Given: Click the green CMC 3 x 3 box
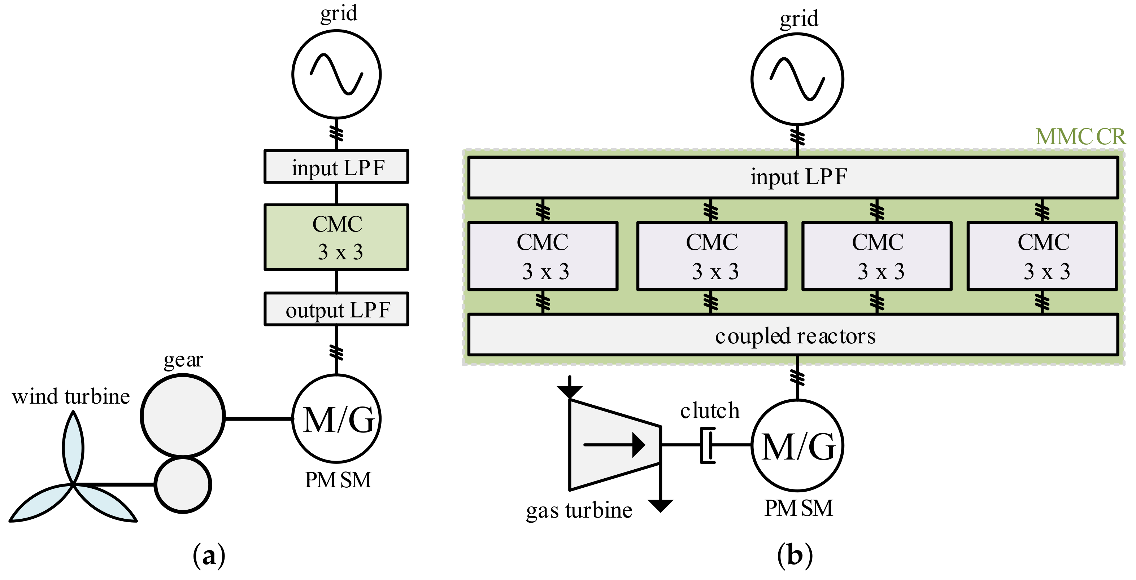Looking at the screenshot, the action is pyautogui.click(x=336, y=237).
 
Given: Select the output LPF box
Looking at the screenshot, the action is pyautogui.click(x=336, y=309).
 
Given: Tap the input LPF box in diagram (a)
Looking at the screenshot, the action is pyautogui.click(x=336, y=167).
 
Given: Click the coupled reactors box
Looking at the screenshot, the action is pyautogui.click(x=793, y=334).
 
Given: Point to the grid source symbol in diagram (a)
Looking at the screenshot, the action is pyautogui.click(x=336, y=74).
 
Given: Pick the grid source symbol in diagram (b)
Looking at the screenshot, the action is pyautogui.click(x=797, y=79).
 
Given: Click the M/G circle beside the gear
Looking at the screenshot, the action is pyautogui.click(x=336, y=418).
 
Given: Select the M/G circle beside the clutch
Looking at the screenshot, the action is pyautogui.click(x=797, y=445).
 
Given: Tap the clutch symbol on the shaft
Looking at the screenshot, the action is pyautogui.click(x=708, y=445).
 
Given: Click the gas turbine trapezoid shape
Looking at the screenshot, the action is pyautogui.click(x=615, y=445).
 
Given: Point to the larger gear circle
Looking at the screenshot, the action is pyautogui.click(x=183, y=416).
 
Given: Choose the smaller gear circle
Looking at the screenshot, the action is pyautogui.click(x=183, y=485).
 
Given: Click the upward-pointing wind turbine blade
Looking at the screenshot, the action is pyautogui.click(x=73, y=447).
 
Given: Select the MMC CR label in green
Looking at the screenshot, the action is pyautogui.click(x=1080, y=137).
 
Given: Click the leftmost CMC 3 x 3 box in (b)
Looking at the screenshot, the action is pyautogui.click(x=543, y=256).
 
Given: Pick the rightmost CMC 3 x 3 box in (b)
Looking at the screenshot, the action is pyautogui.click(x=1043, y=256).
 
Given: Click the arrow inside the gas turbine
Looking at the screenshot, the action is pyautogui.click(x=614, y=445).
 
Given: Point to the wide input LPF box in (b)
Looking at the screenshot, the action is pyautogui.click(x=793, y=177).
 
